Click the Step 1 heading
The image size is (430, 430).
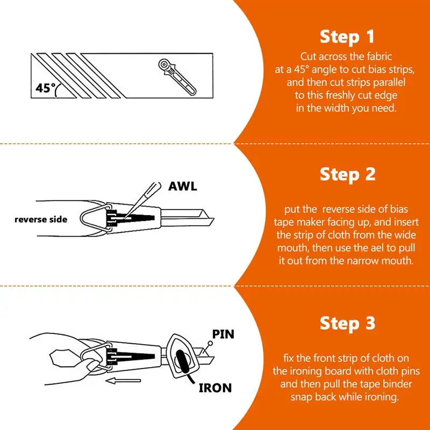(347, 37)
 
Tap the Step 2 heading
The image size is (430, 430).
(347, 174)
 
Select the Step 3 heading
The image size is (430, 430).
(347, 323)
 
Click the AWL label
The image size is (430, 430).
(183, 187)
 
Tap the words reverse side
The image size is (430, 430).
(41, 219)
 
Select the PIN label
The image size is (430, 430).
(223, 334)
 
